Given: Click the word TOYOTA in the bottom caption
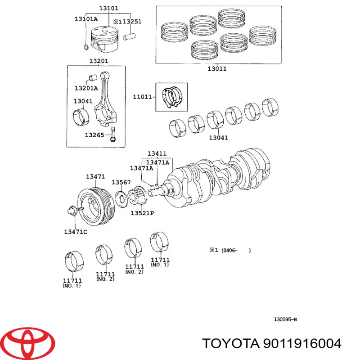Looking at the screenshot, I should click(x=229, y=344).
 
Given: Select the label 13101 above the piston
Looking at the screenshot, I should click(x=109, y=8).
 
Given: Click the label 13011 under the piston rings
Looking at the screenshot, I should click(x=217, y=69).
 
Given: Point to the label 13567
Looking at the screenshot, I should click(x=121, y=182).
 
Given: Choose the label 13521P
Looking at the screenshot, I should click(x=142, y=213).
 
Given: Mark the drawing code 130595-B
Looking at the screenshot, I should click(x=285, y=319).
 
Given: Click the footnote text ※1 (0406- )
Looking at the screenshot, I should click(x=229, y=251).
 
